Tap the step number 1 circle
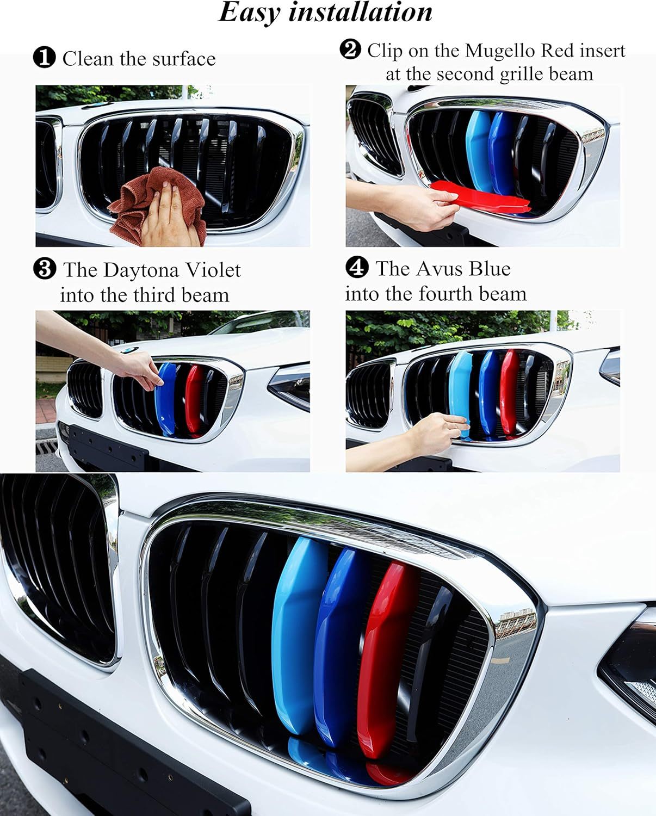(44, 58)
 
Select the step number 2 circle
(350, 50)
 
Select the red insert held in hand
(479, 195)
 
